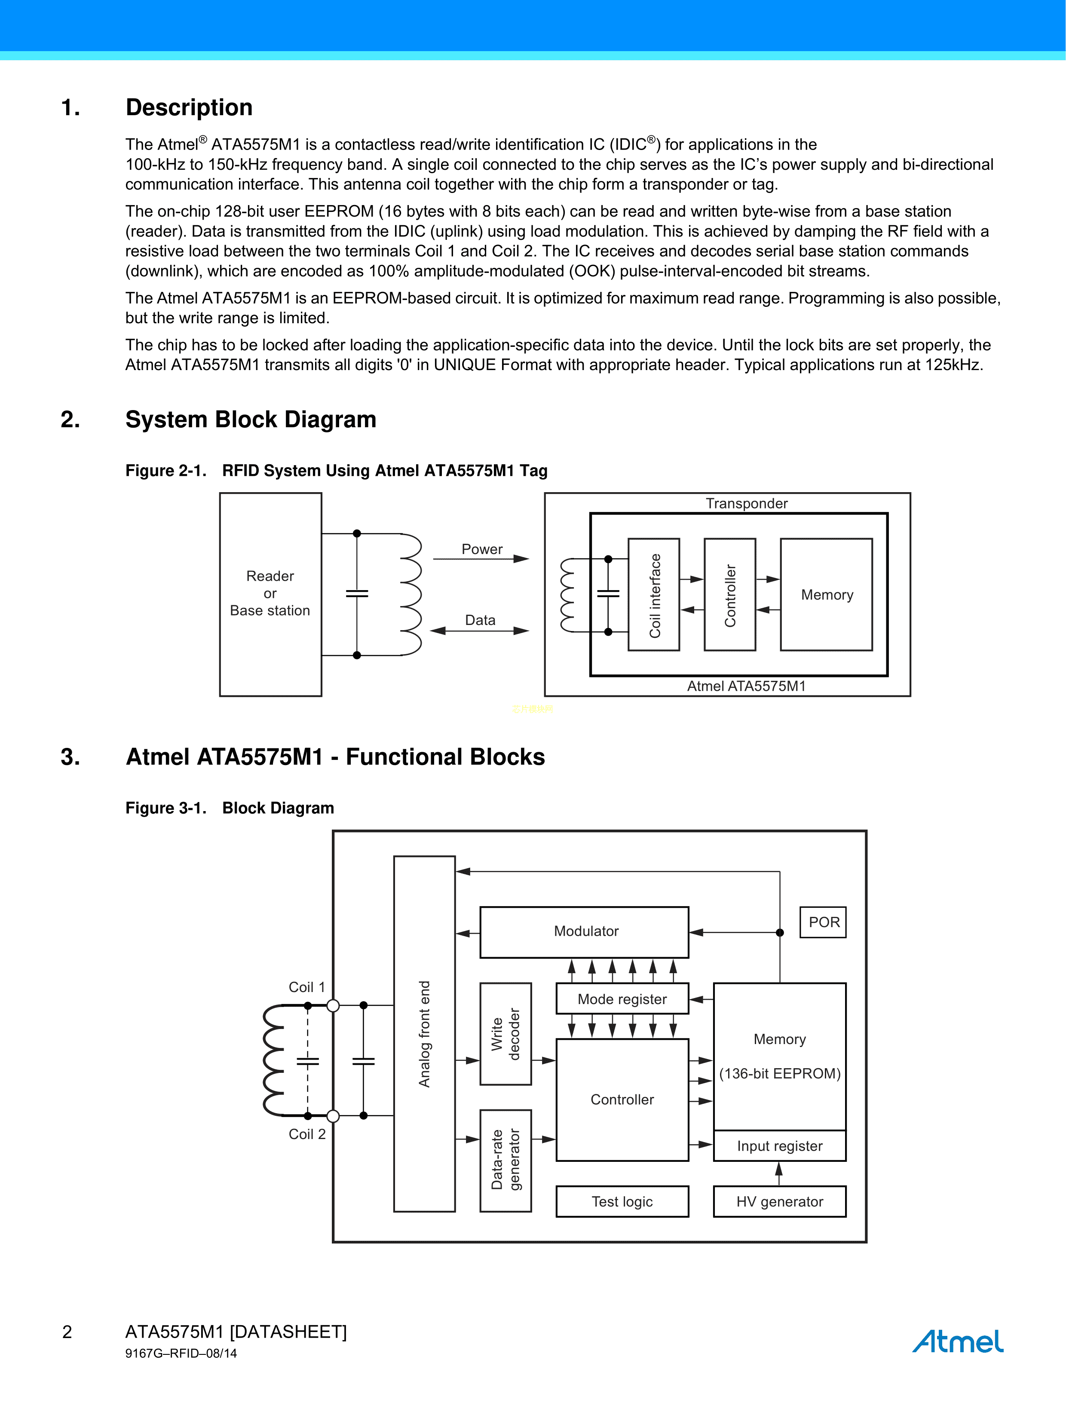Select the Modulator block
pyautogui.click(x=584, y=931)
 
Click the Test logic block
pyautogui.click(x=622, y=1201)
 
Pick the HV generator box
pyautogui.click(x=779, y=1201)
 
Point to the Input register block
pyautogui.click(x=779, y=1145)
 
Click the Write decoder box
pyautogui.click(x=505, y=1034)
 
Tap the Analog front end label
pyautogui.click(x=424, y=1034)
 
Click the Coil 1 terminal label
pyautogui.click(x=306, y=987)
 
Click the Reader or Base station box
pyautogui.click(x=270, y=594)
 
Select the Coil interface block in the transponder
pyautogui.click(x=654, y=595)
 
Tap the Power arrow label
pyautogui.click(x=482, y=549)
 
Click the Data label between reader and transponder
pyautogui.click(x=480, y=620)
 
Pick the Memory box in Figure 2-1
pyautogui.click(x=826, y=595)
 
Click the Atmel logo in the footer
pyautogui.click(x=957, y=1341)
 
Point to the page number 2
pyautogui.click(x=67, y=1332)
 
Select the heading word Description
pyautogui.click(x=189, y=107)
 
